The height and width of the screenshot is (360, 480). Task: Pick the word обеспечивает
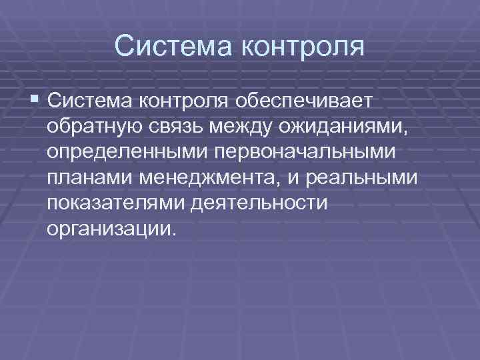(305, 100)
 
